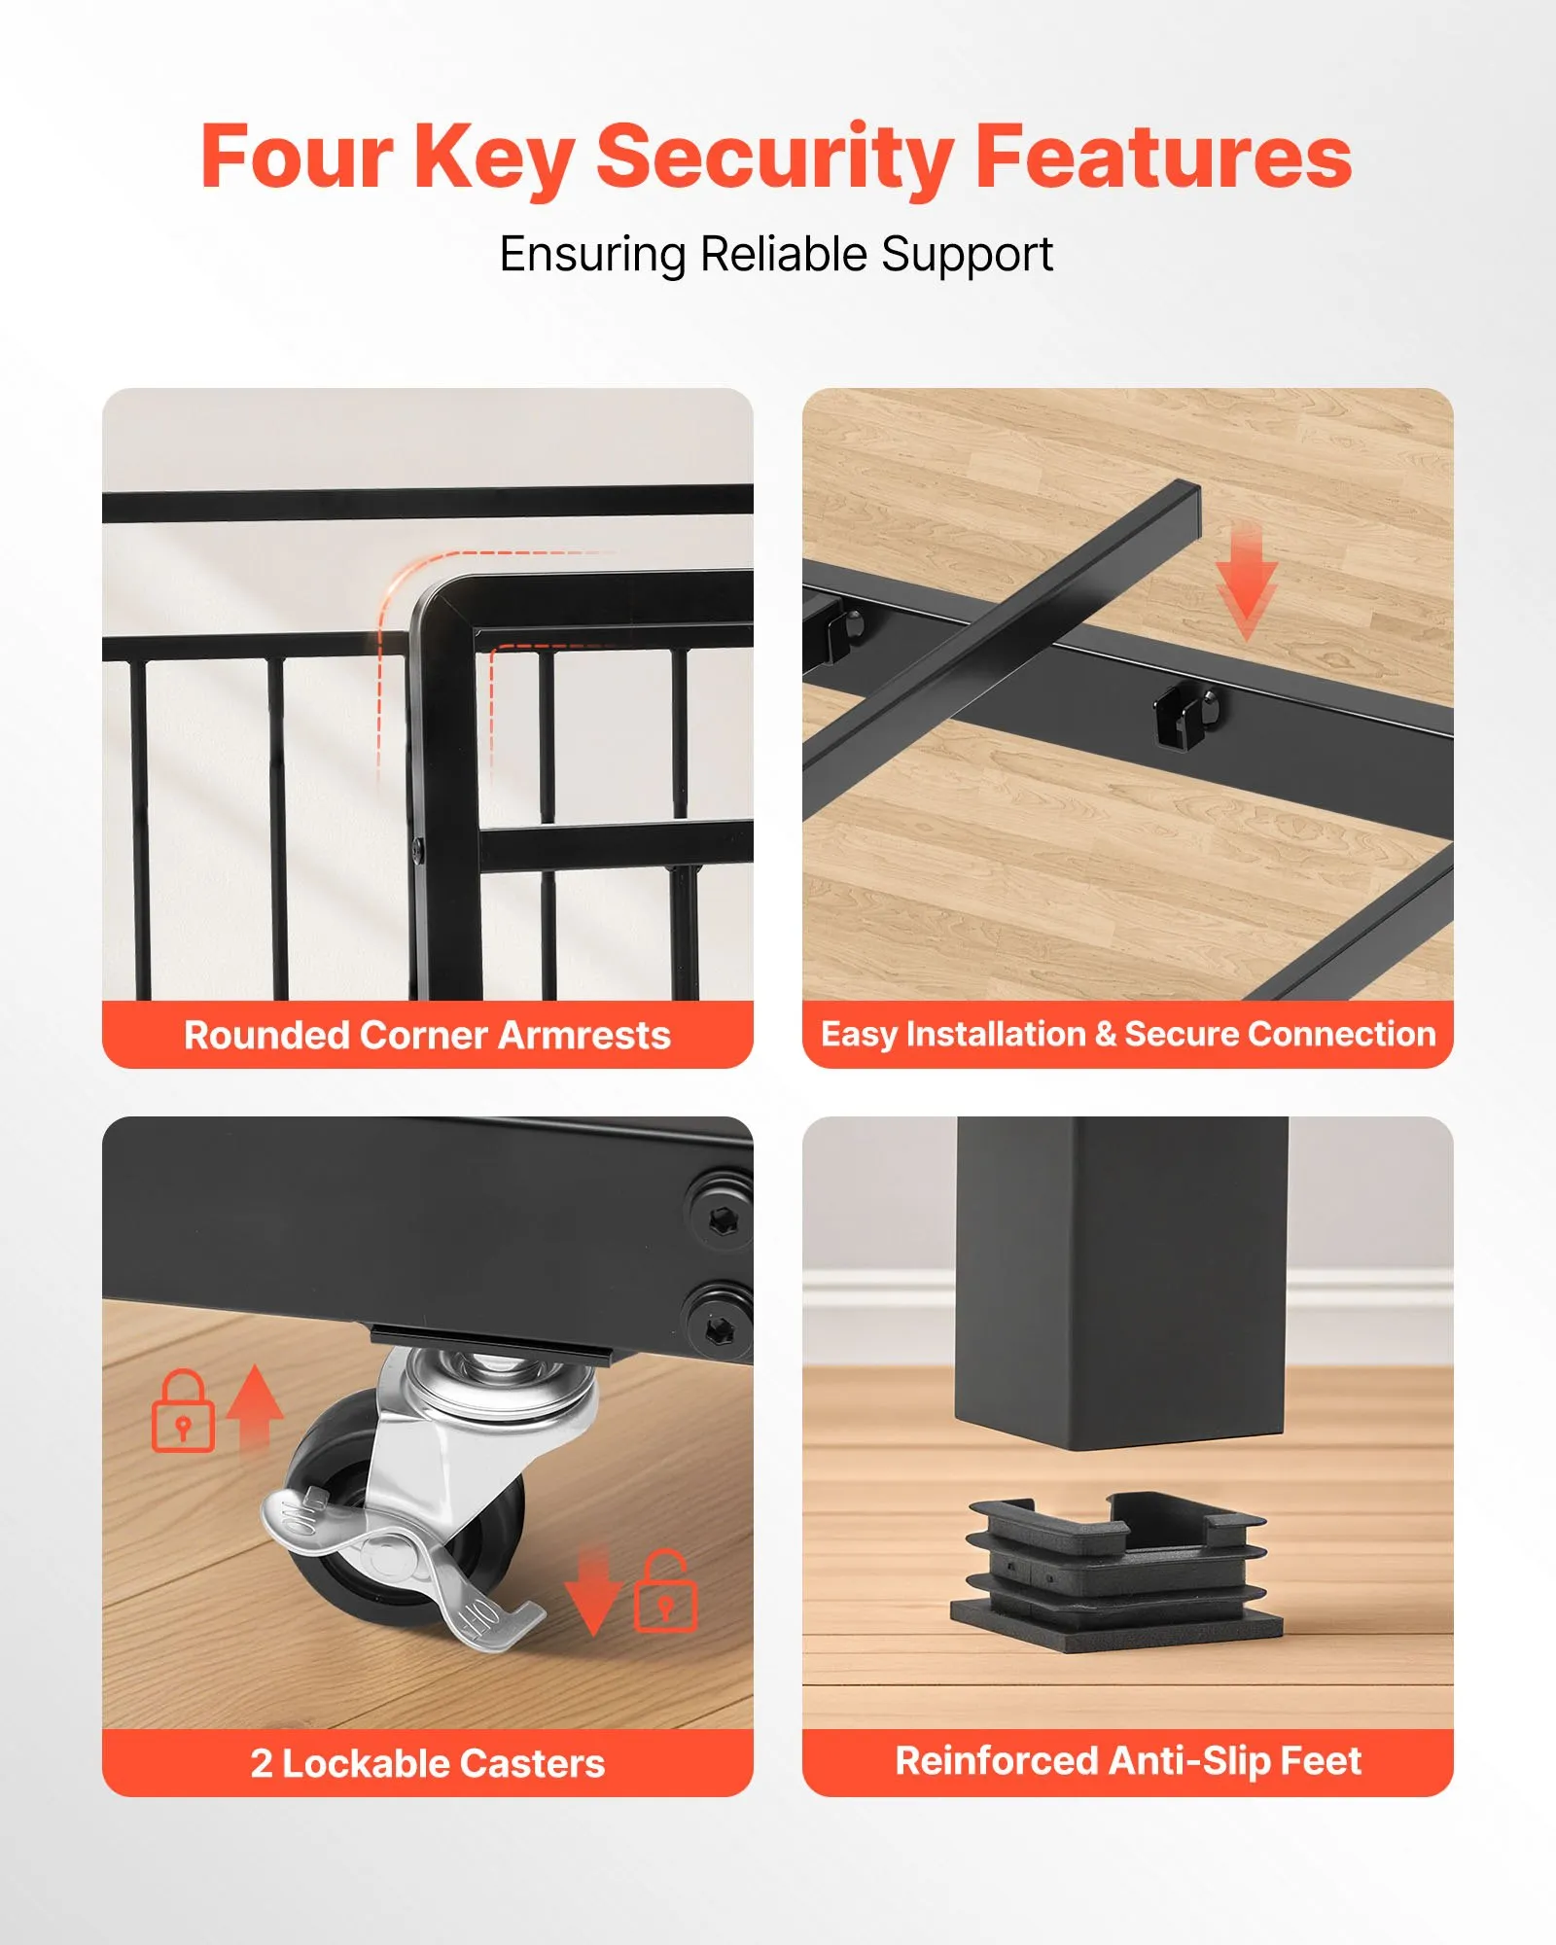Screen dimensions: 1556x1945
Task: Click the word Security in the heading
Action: [774, 158]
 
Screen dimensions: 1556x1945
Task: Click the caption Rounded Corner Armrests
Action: [427, 1036]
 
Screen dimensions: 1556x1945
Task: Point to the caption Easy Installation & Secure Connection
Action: [1128, 1034]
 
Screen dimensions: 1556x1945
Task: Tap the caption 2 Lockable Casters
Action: [428, 1763]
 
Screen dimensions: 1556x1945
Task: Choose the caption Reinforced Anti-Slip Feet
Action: [1128, 1761]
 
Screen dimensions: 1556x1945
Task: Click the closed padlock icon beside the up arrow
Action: [183, 1411]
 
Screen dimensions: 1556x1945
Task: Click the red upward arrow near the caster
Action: [255, 1408]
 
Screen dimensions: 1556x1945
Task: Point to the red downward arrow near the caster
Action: [592, 1593]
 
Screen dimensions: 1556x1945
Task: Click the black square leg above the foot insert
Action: [1122, 1282]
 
